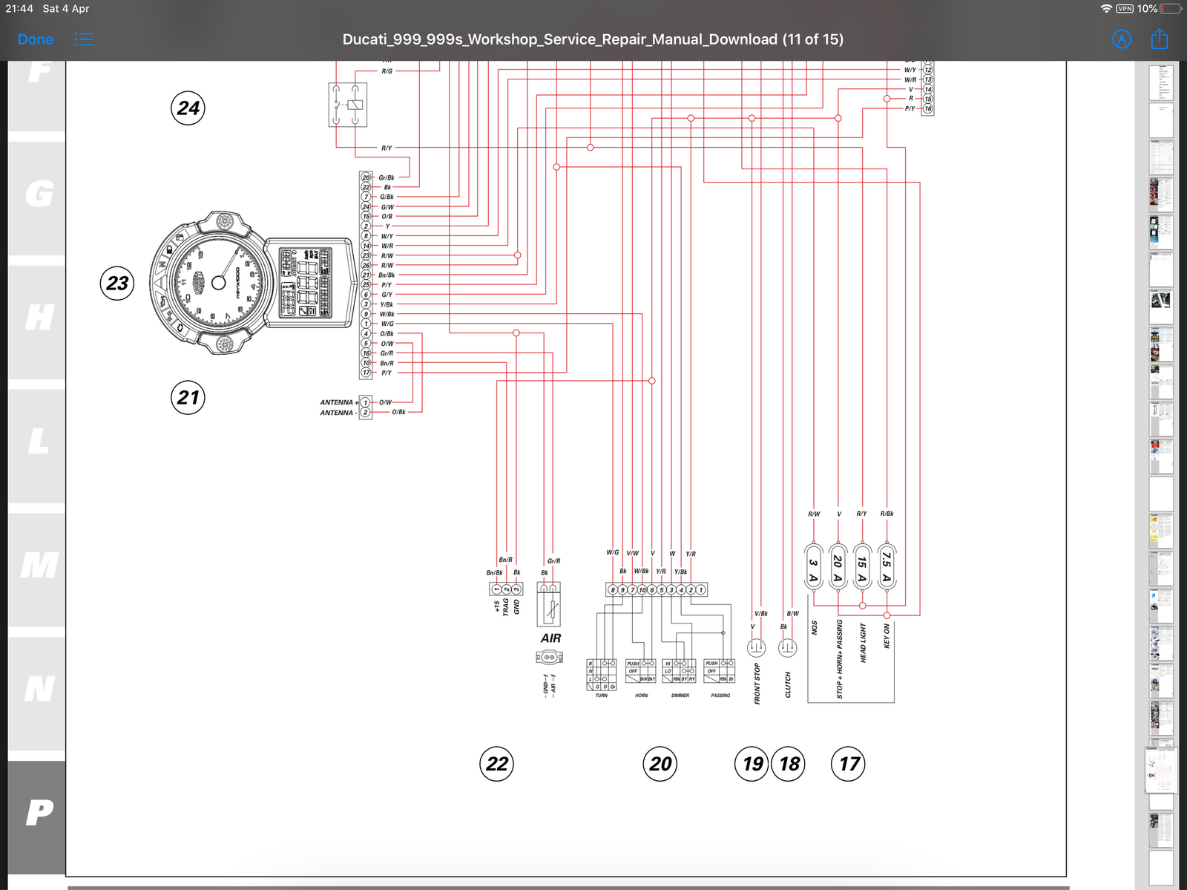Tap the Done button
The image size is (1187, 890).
point(35,39)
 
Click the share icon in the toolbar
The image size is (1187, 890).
point(1159,39)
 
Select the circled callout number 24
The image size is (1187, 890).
point(188,108)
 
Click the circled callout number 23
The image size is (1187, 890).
point(117,284)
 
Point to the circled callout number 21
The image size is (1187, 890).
point(188,398)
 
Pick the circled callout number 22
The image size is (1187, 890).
point(496,764)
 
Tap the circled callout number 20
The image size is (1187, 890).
point(660,764)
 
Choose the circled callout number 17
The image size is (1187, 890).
point(849,764)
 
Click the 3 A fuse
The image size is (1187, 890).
point(813,568)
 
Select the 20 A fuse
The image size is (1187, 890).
point(838,568)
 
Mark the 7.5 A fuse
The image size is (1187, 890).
point(887,568)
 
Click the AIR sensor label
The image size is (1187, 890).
point(550,638)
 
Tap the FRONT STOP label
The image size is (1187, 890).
point(757,684)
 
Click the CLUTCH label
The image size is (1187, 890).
point(788,684)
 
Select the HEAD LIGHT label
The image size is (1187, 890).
point(863,643)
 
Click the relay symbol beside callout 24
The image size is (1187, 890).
point(348,105)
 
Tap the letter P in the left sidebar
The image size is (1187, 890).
point(39,813)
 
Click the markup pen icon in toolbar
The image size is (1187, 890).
point(1122,39)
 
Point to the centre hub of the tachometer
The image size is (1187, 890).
point(218,283)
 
